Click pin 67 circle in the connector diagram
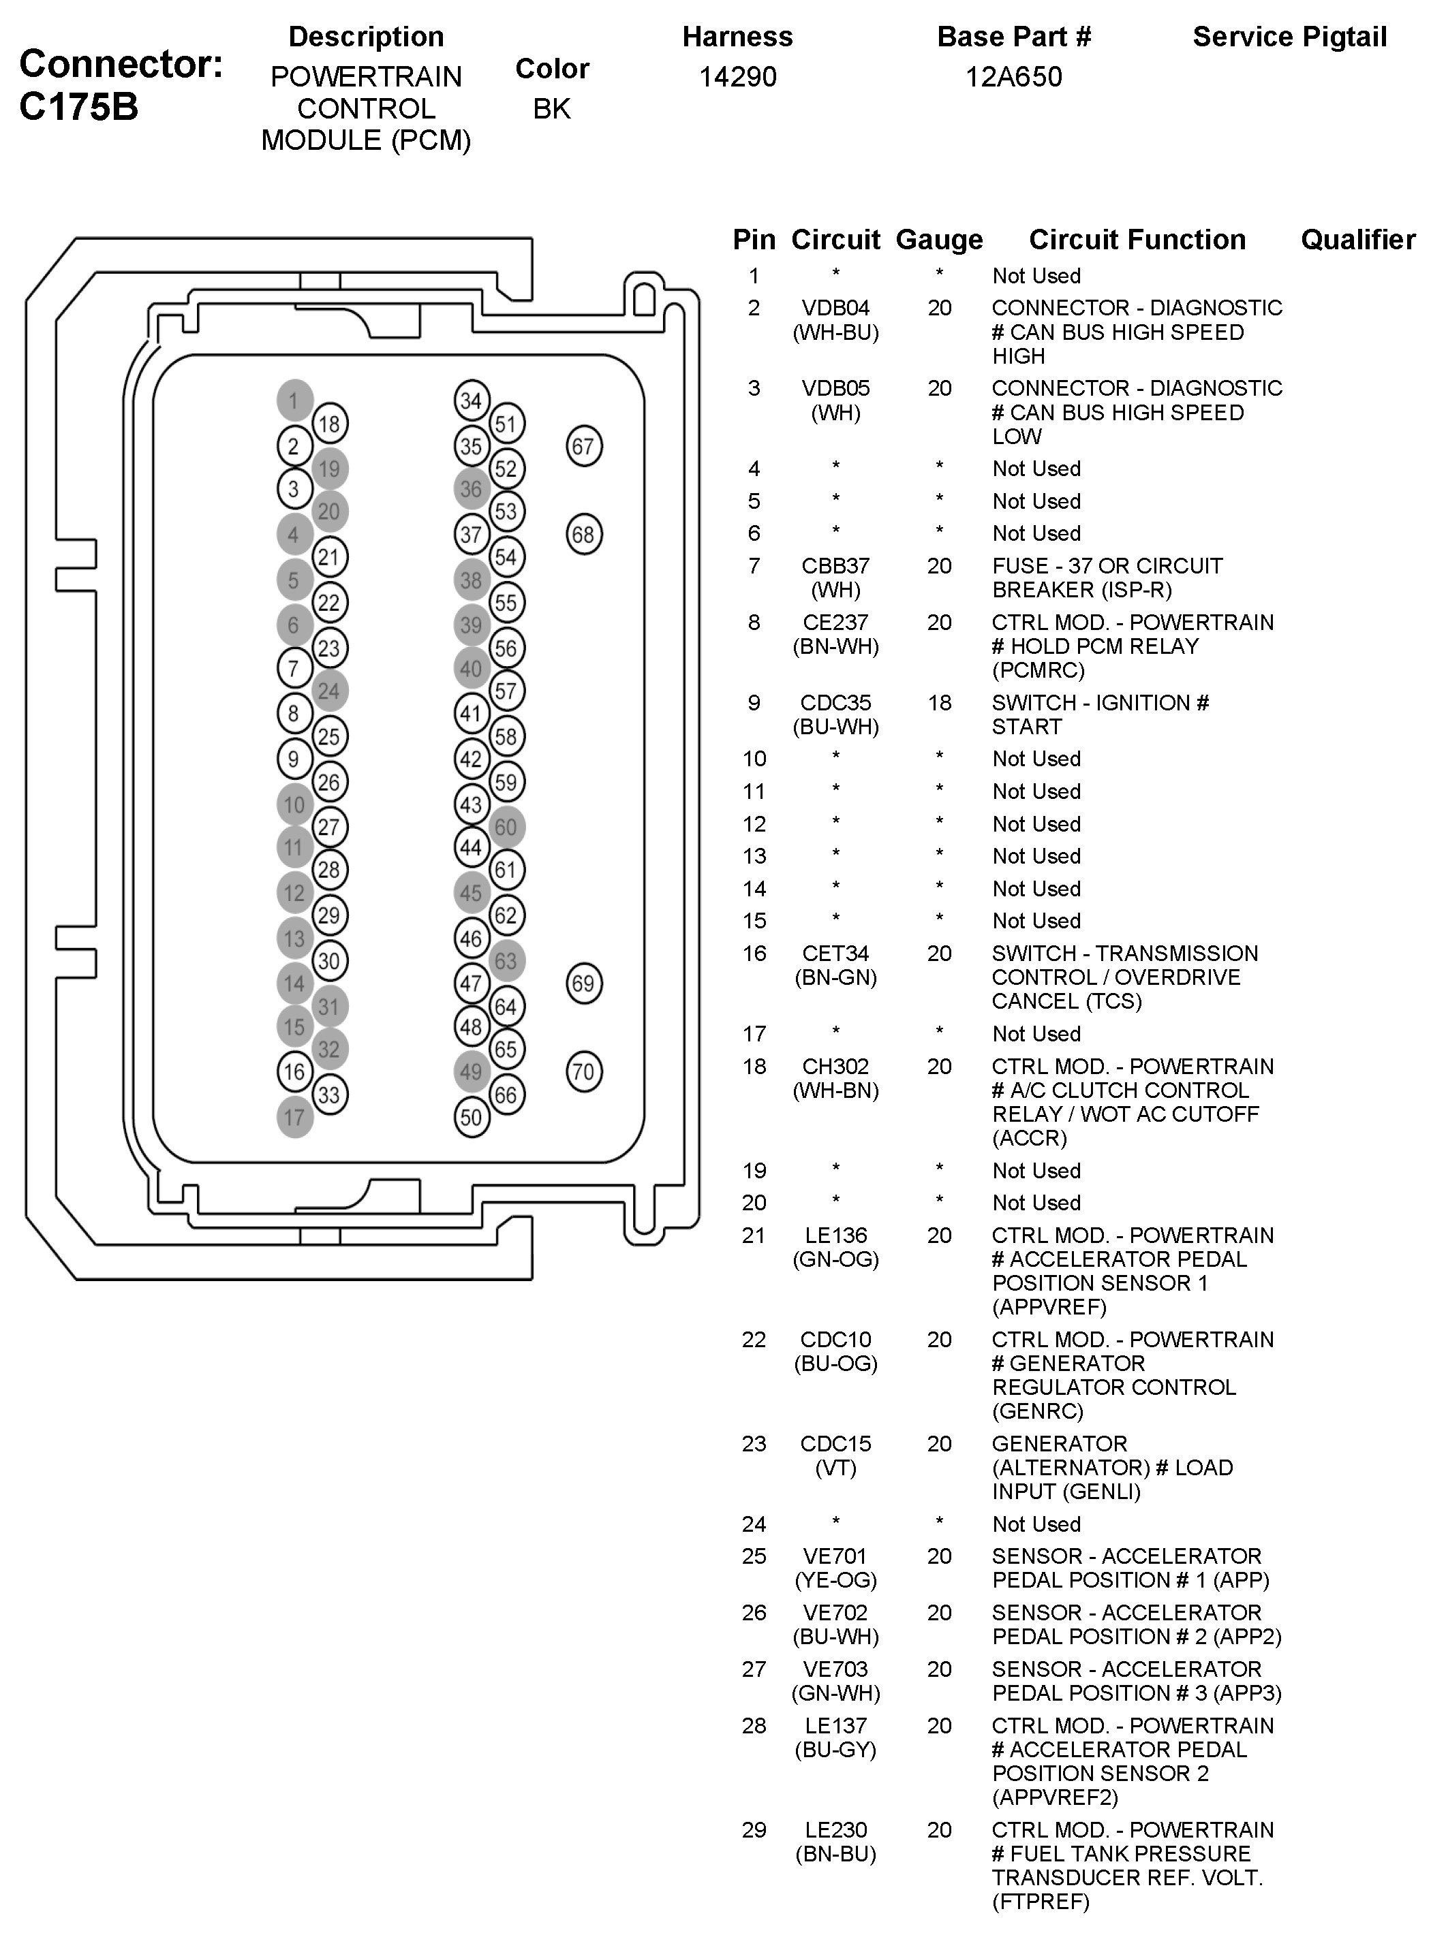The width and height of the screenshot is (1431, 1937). pos(583,446)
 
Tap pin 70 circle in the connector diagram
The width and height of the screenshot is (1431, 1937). pos(583,1072)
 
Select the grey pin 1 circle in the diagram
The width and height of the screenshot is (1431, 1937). pos(294,400)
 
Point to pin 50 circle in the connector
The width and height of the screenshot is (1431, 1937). pos(472,1117)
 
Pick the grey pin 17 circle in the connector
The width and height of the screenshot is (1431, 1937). pos(294,1117)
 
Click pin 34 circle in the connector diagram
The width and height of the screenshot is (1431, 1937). pos(472,400)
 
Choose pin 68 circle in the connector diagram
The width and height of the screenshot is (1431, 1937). pos(583,534)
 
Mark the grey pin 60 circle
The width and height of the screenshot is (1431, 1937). pos(506,827)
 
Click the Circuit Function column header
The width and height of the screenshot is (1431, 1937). pos(1137,239)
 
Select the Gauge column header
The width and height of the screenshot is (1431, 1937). pos(939,239)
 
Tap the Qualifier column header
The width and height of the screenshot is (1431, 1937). pos(1357,239)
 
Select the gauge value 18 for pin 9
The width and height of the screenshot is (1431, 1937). pos(939,702)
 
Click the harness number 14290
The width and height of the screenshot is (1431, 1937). pos(737,77)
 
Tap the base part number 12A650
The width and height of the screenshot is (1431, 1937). pos(1013,77)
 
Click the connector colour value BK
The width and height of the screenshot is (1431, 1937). pos(552,109)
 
